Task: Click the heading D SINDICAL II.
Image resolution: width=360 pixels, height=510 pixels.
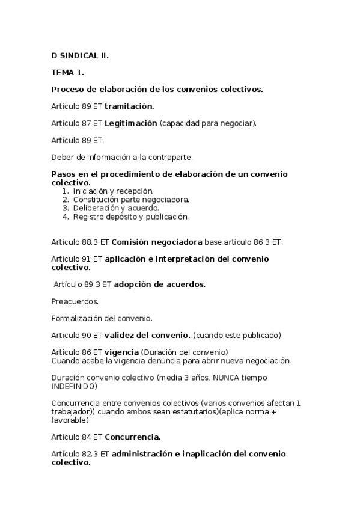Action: pos(80,55)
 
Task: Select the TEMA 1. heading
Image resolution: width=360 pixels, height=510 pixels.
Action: pos(67,72)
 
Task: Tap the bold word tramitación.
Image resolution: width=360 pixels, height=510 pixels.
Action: pos(129,106)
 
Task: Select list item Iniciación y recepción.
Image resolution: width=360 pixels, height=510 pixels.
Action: pos(114,191)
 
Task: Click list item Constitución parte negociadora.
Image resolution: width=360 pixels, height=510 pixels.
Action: pos(131,199)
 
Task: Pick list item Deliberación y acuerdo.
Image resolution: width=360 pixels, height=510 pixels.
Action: pos(116,207)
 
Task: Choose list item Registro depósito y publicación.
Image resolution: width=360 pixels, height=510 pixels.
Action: pos(131,216)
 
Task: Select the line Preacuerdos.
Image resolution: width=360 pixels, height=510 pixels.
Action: pos(75,301)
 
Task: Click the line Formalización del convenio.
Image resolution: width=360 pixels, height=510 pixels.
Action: pos(102,318)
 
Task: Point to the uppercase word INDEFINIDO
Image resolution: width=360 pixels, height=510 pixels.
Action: pos(74,386)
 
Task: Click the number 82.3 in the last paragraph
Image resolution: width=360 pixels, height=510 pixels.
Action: pos(91,453)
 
